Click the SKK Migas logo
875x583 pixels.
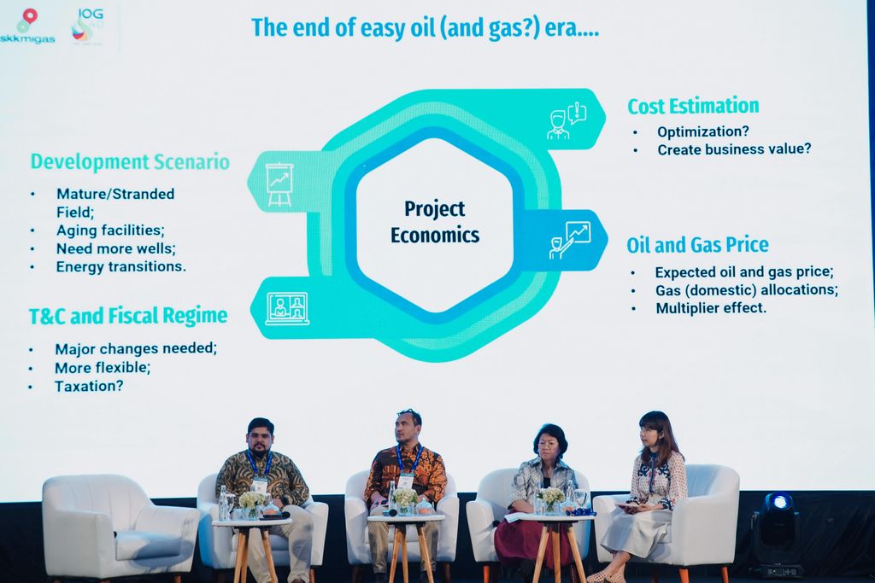[26, 26]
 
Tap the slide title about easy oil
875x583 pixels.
[426, 28]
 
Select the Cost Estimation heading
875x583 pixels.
[693, 106]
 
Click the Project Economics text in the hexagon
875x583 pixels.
[435, 222]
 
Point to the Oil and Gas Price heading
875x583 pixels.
[697, 245]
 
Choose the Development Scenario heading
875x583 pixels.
[130, 161]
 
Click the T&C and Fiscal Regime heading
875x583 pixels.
[128, 316]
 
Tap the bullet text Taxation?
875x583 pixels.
[89, 386]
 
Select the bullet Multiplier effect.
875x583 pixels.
[711, 307]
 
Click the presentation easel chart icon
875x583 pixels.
[279, 184]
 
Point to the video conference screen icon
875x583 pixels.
[287, 308]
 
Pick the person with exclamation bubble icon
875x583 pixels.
[567, 120]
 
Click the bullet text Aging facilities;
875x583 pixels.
[110, 230]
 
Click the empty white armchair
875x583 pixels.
[120, 526]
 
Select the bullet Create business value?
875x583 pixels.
[734, 149]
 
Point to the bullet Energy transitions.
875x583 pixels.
[120, 266]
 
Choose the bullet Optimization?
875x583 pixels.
[702, 131]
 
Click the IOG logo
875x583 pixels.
[88, 26]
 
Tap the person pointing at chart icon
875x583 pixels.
[570, 240]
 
